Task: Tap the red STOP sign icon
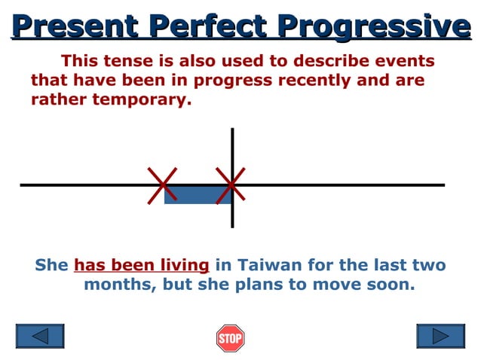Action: [x=230, y=338]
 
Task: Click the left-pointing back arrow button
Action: [x=40, y=336]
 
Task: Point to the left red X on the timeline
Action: [x=163, y=185]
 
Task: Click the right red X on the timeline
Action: [x=230, y=185]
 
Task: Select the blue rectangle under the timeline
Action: [x=197, y=195]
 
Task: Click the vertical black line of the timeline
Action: [x=232, y=151]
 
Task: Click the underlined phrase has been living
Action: [x=141, y=265]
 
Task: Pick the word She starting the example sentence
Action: [x=51, y=265]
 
